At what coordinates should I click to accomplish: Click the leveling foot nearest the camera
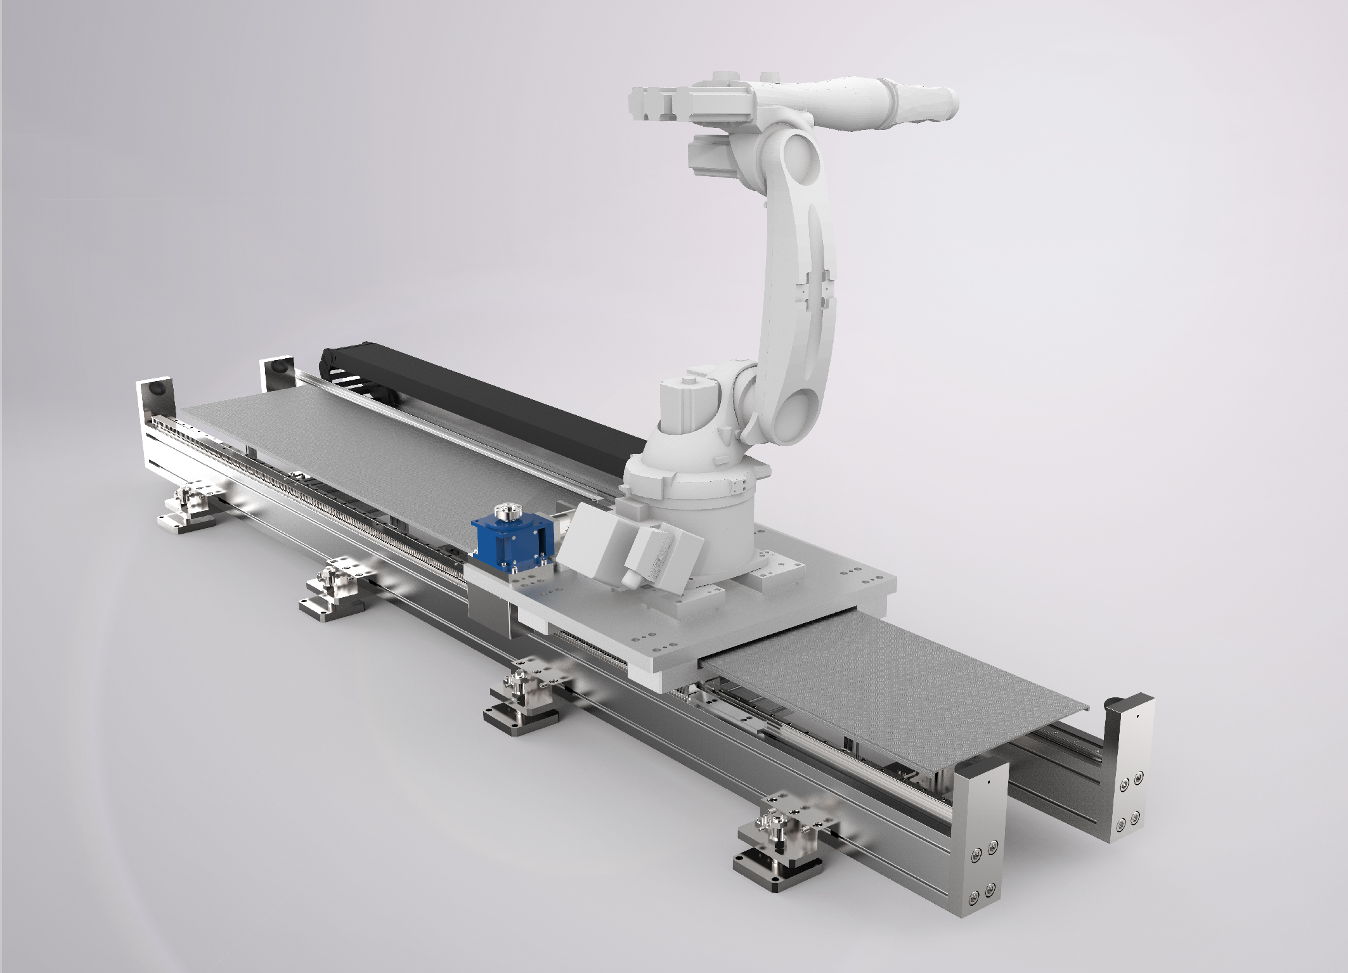coord(780,837)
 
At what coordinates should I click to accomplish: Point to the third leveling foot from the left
coord(522,700)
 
